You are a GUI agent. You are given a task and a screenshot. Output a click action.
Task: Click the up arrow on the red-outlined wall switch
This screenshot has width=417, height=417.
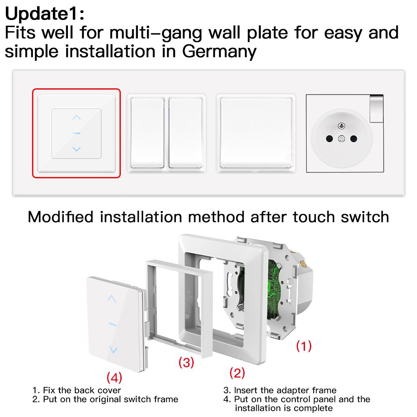point(76,117)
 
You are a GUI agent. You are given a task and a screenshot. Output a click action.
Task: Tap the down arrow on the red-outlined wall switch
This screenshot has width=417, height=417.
point(76,149)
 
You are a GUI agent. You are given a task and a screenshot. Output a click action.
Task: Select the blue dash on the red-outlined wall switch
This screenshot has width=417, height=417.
point(76,133)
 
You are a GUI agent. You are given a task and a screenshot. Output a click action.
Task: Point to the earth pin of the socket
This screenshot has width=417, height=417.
point(342,125)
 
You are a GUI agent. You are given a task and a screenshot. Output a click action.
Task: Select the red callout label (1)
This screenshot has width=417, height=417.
point(303,346)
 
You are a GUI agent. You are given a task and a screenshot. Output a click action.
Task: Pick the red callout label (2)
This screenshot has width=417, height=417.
point(237,373)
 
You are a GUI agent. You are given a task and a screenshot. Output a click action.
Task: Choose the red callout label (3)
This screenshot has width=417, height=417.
point(186,362)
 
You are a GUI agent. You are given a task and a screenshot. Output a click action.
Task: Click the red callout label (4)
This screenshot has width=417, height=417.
point(114,378)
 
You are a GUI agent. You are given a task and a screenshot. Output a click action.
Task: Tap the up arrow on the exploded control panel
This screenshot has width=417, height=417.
point(112,298)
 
